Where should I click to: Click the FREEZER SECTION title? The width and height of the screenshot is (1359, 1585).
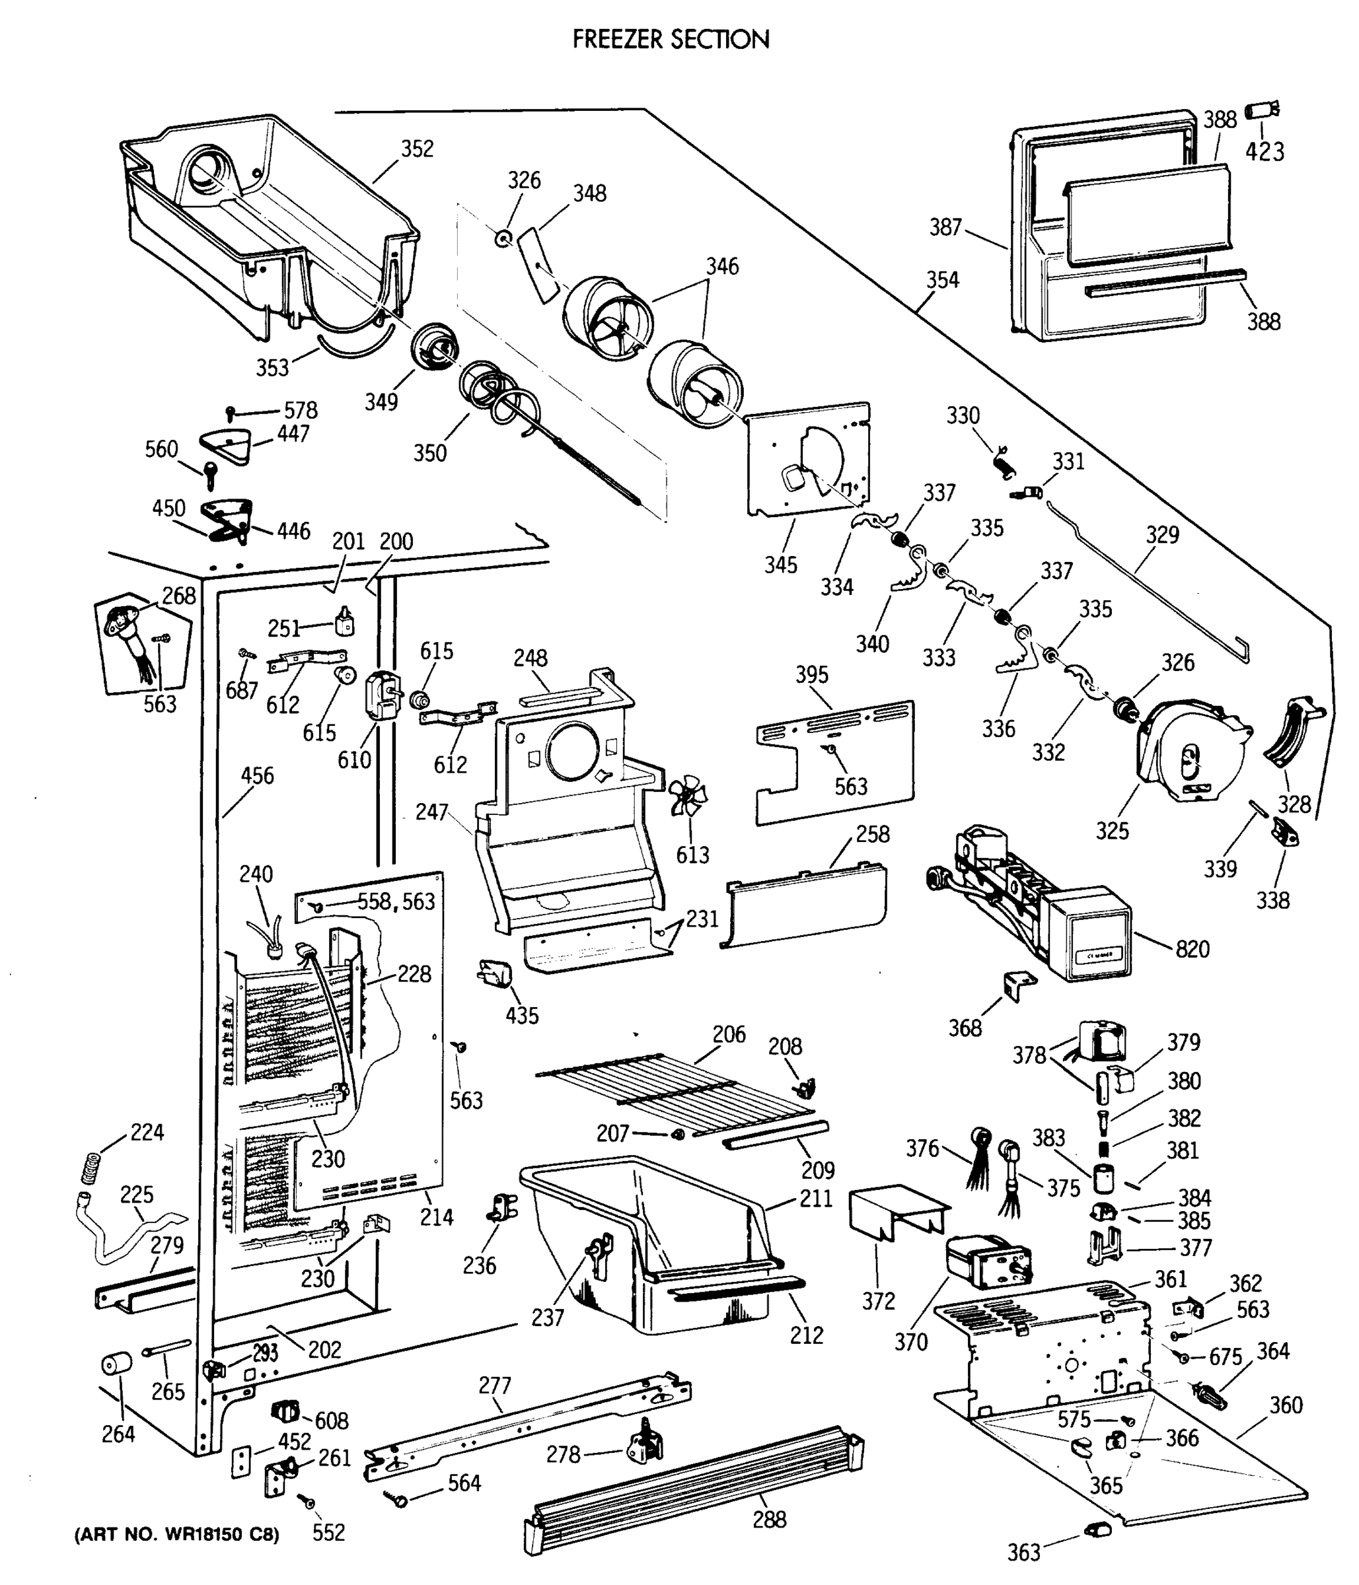click(671, 39)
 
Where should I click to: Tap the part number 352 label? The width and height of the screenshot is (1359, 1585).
click(417, 149)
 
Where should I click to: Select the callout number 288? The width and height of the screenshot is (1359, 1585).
click(769, 1519)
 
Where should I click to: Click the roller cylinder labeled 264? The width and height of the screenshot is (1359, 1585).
click(116, 1363)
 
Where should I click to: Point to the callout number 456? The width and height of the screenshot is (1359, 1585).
click(257, 776)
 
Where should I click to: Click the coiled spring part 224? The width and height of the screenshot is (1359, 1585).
click(91, 1169)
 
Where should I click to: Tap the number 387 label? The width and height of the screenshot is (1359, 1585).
click(946, 227)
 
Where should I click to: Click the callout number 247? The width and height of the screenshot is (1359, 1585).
click(431, 812)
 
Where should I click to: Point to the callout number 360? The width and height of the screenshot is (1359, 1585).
click(1286, 1405)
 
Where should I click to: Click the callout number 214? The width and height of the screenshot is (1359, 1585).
click(436, 1216)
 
